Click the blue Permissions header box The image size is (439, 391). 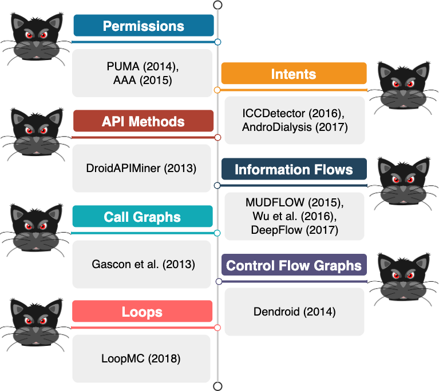[144, 26]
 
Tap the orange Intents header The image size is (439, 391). [294, 73]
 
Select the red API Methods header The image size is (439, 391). [143, 121]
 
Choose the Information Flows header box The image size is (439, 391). [294, 169]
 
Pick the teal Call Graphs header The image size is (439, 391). [143, 216]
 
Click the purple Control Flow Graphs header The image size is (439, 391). [294, 265]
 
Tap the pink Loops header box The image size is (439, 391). [142, 312]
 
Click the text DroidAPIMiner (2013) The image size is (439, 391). [141, 169]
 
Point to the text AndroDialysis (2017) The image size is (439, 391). [295, 127]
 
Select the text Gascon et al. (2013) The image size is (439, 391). [143, 264]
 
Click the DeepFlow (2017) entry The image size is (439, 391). [295, 230]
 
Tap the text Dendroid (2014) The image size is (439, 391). [295, 312]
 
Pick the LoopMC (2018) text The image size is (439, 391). [141, 359]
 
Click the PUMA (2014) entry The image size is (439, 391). [143, 66]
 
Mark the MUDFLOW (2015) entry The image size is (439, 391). [295, 202]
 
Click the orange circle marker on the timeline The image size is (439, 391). [217, 90]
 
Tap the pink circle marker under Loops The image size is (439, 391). [217, 328]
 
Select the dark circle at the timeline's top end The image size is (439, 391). [217, 5]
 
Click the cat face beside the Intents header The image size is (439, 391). [403, 87]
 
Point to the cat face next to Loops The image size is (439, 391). [35, 325]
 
